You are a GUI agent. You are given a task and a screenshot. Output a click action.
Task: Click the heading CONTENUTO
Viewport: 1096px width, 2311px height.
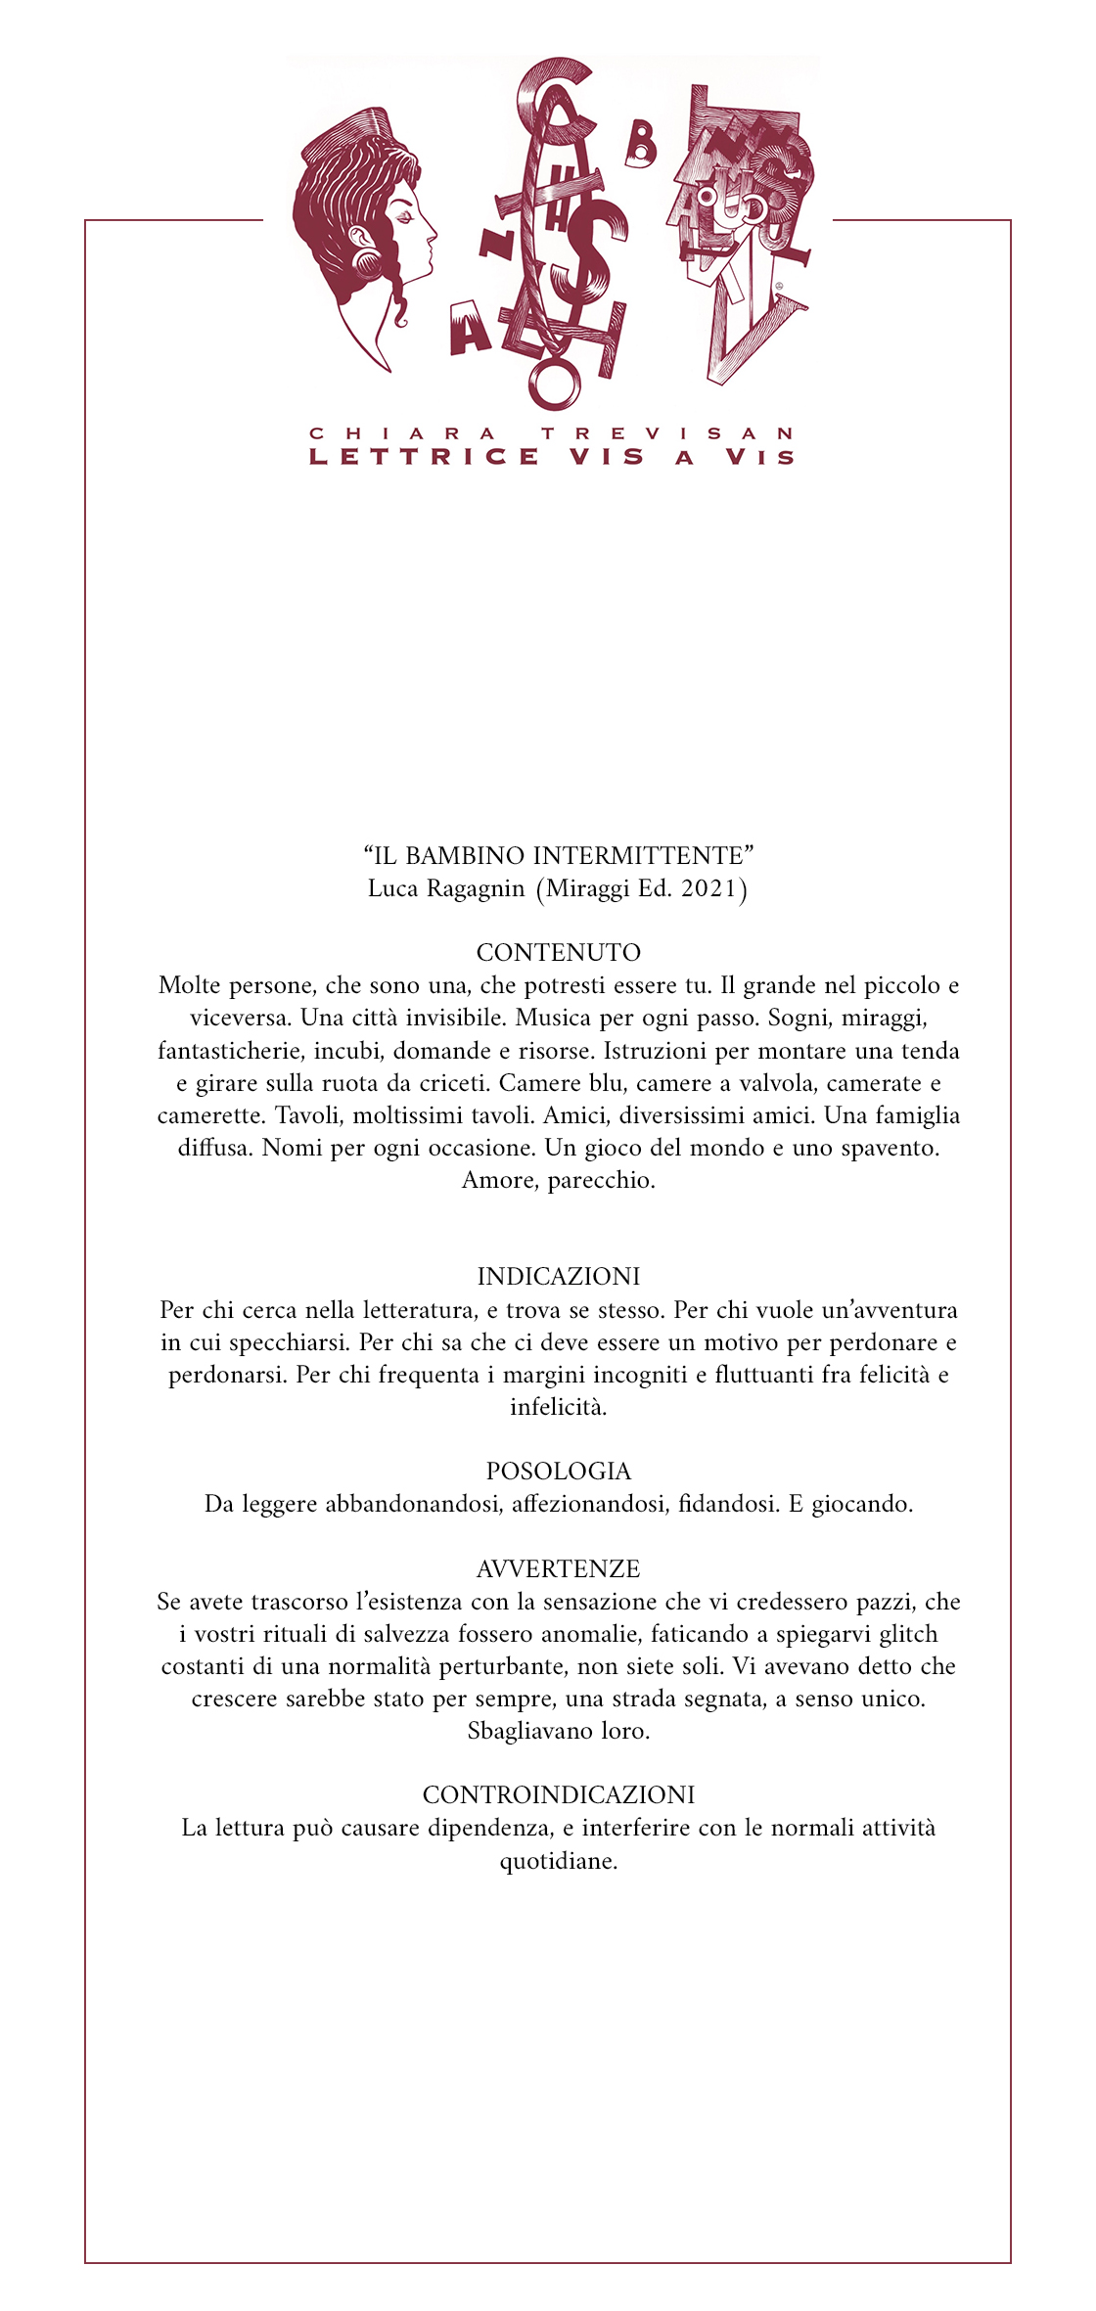coord(558,952)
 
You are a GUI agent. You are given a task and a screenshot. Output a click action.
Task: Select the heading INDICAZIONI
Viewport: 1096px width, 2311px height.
coord(558,1276)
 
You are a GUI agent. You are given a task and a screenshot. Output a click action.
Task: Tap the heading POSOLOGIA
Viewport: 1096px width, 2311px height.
coord(558,1471)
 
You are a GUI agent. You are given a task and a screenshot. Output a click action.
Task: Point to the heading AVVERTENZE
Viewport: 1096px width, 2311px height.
coord(558,1568)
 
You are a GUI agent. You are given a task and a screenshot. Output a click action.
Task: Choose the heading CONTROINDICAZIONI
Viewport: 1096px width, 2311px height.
coord(558,1794)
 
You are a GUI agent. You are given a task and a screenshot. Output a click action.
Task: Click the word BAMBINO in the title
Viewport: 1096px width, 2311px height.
coord(464,856)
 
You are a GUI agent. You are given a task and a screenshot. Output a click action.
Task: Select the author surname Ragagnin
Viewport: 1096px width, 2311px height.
coord(476,888)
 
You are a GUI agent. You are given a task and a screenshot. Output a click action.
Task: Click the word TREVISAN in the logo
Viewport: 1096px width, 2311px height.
coord(668,432)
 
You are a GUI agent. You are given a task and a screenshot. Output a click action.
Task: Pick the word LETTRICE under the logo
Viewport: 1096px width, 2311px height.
coord(425,457)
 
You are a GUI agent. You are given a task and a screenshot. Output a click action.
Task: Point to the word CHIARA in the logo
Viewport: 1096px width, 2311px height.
coord(402,432)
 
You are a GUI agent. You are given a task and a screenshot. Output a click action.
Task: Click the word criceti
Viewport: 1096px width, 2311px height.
coord(453,1083)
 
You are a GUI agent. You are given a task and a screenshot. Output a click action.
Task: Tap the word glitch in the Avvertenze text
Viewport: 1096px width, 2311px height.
coord(905,1634)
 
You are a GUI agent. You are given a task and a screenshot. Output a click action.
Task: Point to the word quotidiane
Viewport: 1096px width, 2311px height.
coord(558,1860)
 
